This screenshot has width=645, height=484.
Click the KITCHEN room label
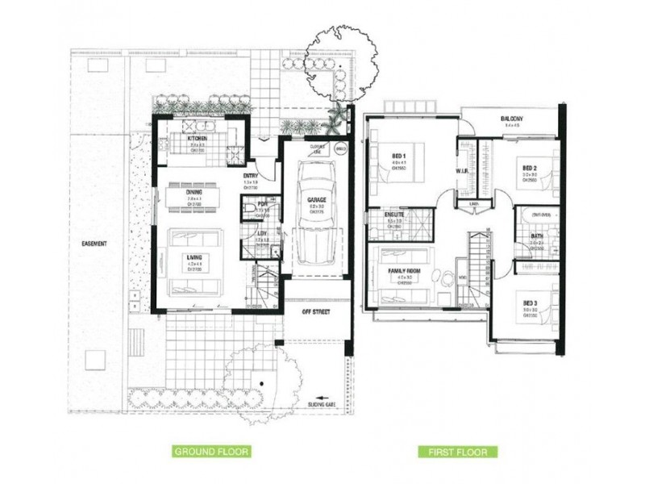[x=199, y=139]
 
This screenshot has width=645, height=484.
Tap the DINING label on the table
[x=194, y=192]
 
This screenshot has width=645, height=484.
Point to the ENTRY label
[x=250, y=176]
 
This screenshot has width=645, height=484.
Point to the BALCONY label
[x=513, y=117]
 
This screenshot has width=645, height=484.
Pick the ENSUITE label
[x=393, y=215]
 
